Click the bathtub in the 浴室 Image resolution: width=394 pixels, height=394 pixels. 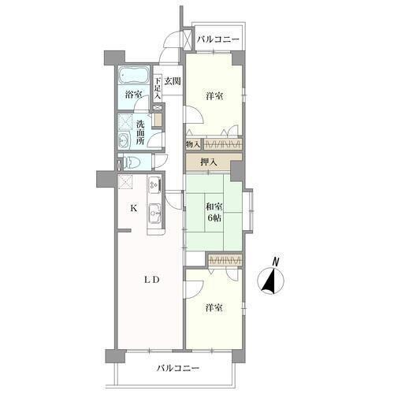[134, 75]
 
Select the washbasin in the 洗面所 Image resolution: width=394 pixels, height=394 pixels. [123, 140]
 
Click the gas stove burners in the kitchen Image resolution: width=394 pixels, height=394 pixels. [154, 184]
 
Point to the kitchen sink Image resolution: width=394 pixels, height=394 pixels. [154, 213]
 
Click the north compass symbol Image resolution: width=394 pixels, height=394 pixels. [271, 281]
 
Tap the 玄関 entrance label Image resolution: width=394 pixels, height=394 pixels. [173, 81]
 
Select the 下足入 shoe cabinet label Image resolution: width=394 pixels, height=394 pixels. [157, 87]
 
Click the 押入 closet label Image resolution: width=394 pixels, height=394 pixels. [209, 162]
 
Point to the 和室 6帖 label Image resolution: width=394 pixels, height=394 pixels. [214, 212]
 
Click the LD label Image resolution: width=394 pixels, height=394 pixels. [152, 281]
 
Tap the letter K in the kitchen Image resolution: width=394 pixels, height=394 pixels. [133, 209]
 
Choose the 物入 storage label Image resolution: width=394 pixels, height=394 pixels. [193, 144]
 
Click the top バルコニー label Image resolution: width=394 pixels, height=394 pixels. [218, 39]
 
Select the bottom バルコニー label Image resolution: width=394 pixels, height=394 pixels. [178, 368]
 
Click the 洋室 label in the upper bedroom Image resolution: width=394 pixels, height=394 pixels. [214, 96]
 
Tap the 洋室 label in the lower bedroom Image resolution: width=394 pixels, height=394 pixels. [214, 308]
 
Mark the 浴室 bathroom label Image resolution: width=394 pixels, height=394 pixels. [133, 95]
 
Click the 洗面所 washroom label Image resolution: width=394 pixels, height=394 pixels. [139, 132]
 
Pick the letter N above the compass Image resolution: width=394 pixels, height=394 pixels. [276, 262]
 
